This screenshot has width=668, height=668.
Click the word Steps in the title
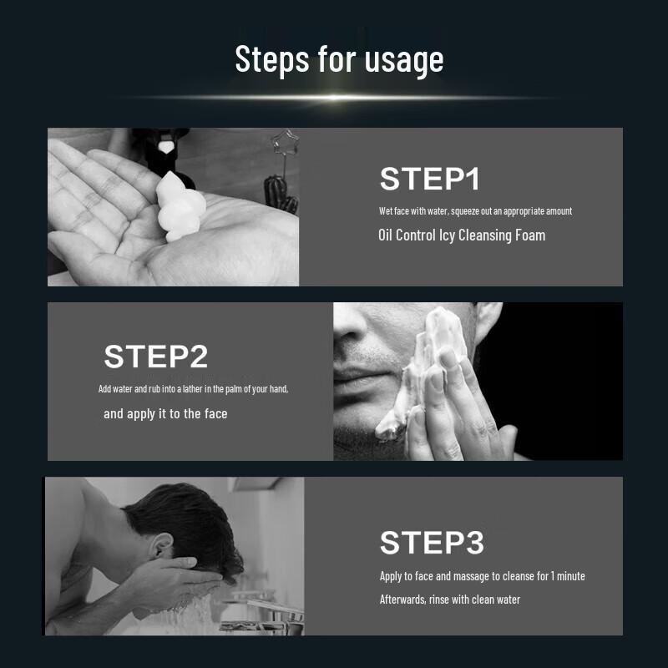tap(272, 58)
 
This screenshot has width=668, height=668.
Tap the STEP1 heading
tap(430, 179)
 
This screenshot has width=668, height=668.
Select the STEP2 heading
tap(156, 357)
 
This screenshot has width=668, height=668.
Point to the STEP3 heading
tap(432, 542)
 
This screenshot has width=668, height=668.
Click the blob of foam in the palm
tap(180, 207)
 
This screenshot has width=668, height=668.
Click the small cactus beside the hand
tap(281, 195)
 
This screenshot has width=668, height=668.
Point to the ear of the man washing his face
tap(161, 546)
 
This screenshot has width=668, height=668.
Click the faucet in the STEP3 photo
tap(264, 614)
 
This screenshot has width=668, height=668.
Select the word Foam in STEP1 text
tap(530, 235)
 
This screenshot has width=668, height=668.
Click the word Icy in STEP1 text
tap(447, 236)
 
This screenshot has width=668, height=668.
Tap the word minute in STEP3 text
tap(571, 576)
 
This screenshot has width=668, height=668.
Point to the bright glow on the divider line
tap(335, 98)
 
